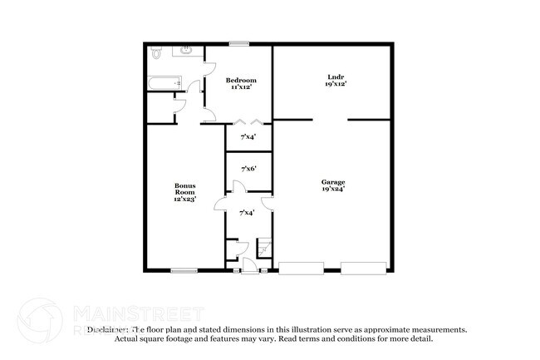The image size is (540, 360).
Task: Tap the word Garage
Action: [333, 181]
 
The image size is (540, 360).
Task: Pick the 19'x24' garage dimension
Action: [333, 189]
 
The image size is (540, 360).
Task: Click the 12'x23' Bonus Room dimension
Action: [184, 198]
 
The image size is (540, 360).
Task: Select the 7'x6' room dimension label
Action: [248, 170]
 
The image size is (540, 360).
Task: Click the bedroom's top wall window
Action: [240, 44]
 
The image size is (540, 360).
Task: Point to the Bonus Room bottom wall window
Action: [184, 269]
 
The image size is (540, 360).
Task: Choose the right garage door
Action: [363, 268]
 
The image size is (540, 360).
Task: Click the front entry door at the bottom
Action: [248, 265]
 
